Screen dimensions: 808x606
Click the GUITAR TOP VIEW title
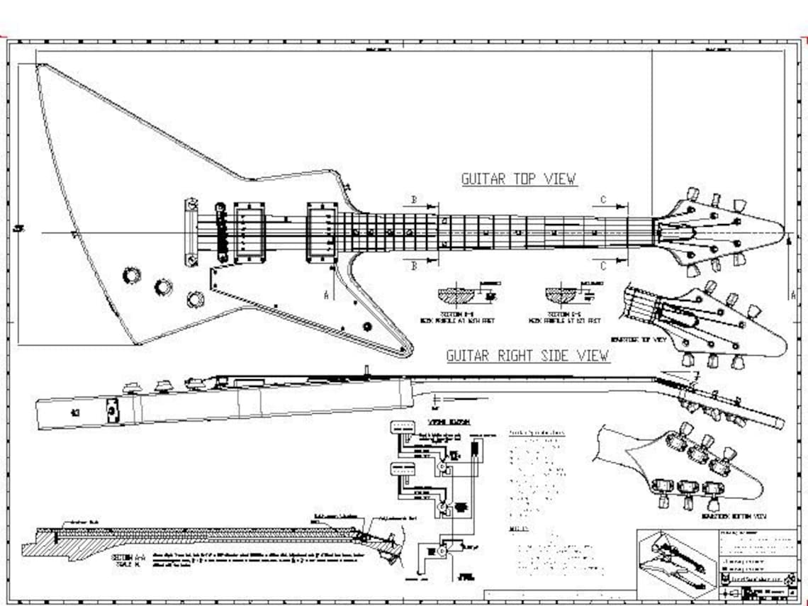pyautogui.click(x=519, y=179)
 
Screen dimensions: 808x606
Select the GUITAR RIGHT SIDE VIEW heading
pyautogui.click(x=527, y=355)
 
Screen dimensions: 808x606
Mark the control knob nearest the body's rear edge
pyautogui.click(x=131, y=274)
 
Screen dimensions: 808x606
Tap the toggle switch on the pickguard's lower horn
pyautogui.click(x=367, y=326)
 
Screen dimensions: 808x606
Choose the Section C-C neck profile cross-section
pyautogui.click(x=564, y=295)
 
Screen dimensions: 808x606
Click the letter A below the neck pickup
pyautogui.click(x=327, y=295)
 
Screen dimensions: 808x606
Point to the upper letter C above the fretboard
pyautogui.click(x=603, y=200)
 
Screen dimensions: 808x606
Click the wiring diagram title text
pyautogui.click(x=437, y=420)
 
